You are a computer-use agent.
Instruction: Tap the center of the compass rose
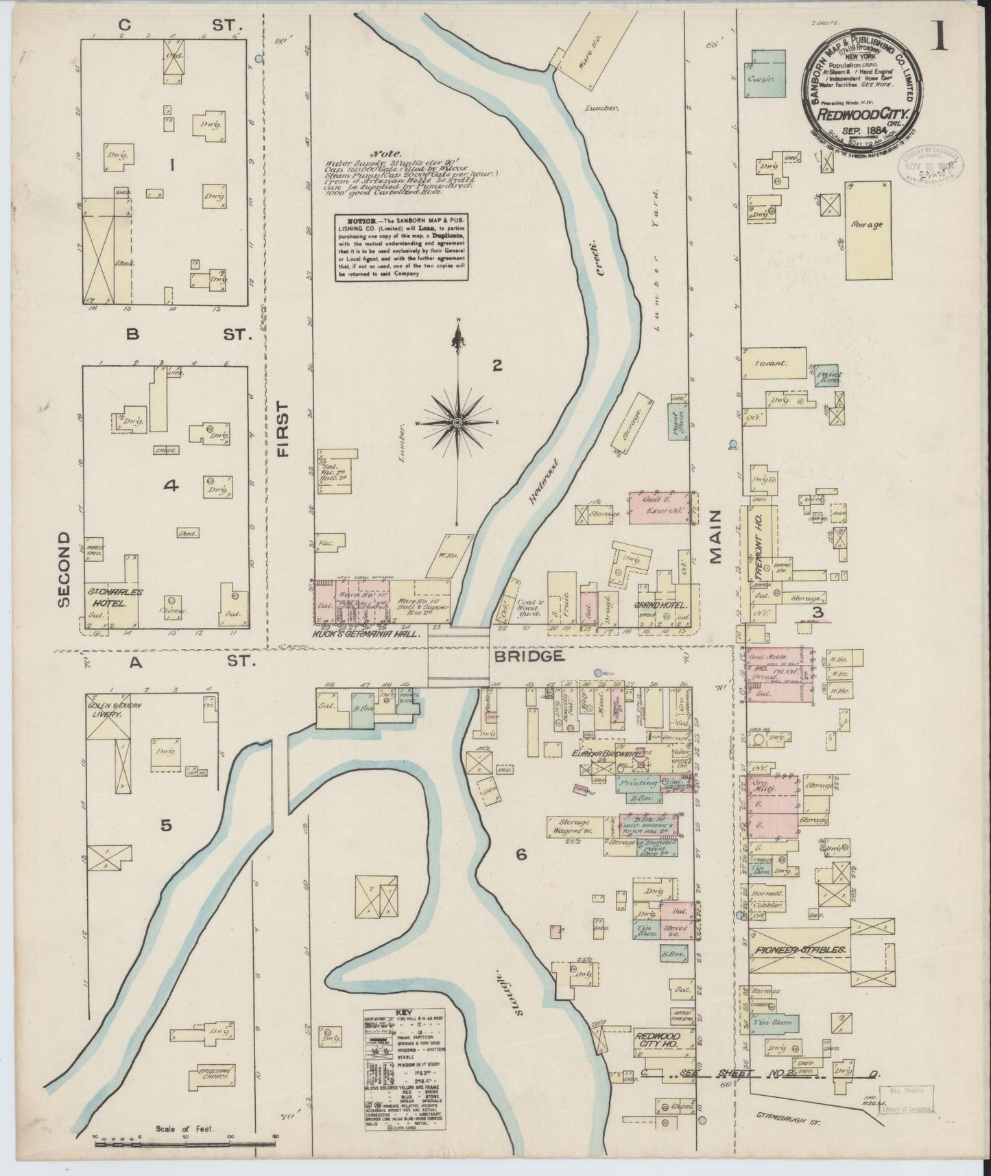click(x=457, y=422)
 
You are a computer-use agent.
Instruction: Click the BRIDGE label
click(x=527, y=657)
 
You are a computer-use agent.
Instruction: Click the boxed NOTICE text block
click(x=402, y=247)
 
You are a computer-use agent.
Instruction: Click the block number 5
click(x=165, y=826)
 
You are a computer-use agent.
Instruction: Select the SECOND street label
click(x=64, y=569)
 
